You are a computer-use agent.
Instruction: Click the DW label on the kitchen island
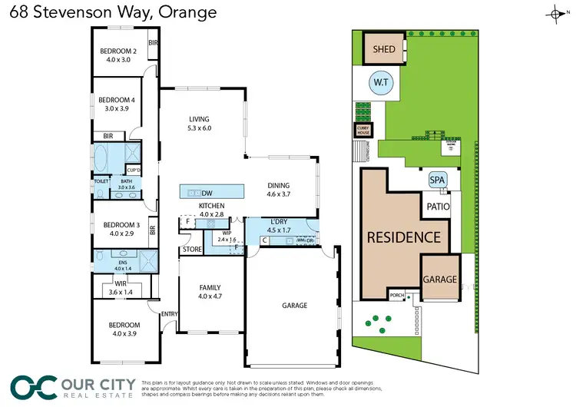point(207,192)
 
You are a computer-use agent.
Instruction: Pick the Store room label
point(192,250)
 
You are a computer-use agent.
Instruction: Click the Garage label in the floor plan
point(294,305)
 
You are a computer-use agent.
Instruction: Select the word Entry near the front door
point(168,313)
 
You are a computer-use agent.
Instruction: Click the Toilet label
point(100,181)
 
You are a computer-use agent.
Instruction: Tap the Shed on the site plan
point(384,50)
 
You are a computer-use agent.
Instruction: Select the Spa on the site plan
point(437,180)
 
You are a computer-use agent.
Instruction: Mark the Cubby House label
point(362,131)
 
